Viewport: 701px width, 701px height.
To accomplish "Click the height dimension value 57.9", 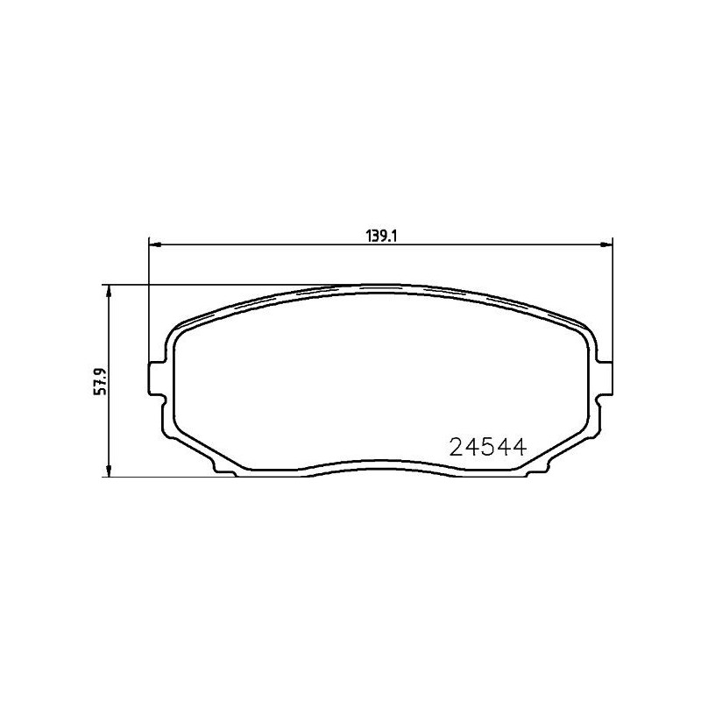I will tap(100, 382).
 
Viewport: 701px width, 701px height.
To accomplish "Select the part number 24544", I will tap(486, 448).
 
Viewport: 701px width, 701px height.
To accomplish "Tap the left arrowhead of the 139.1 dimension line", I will tap(155, 244).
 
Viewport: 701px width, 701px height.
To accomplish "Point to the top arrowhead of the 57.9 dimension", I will tap(108, 291).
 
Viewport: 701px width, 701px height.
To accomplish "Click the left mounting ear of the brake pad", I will tap(156, 377).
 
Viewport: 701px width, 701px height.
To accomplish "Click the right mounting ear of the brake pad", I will tap(604, 377).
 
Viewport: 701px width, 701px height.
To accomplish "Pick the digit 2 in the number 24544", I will tap(457, 448).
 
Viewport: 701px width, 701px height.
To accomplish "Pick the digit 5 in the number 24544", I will tap(486, 448).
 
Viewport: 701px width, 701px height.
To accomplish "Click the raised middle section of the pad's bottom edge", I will tap(380, 463).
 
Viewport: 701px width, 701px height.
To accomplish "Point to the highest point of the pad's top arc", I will tap(380, 285).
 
